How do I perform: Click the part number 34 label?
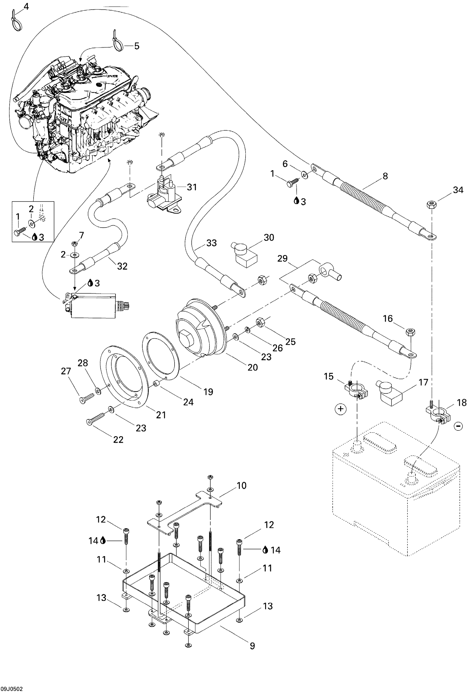pyautogui.click(x=458, y=190)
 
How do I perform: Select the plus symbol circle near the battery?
pyautogui.click(x=341, y=409)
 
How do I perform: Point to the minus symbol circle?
pyautogui.click(x=458, y=427)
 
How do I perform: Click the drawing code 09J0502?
pyautogui.click(x=11, y=689)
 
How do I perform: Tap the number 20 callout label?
pyautogui.click(x=253, y=367)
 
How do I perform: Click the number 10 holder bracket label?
pyautogui.click(x=241, y=486)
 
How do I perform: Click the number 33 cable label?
pyautogui.click(x=211, y=243)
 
